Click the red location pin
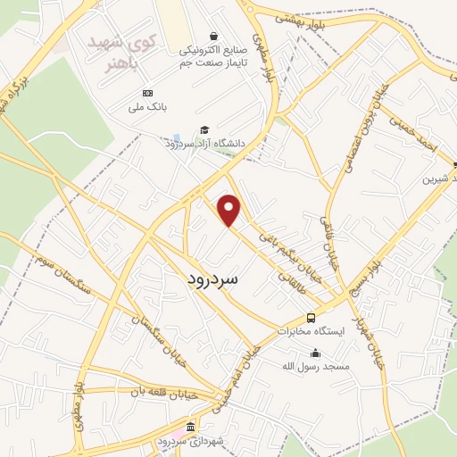click(230, 209)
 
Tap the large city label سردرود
click(213, 278)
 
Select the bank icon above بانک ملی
click(147, 94)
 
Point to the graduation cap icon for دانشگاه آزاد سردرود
click(204, 130)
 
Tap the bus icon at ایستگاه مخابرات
click(311, 318)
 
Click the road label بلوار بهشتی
click(298, 16)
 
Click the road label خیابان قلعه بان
click(169, 392)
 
